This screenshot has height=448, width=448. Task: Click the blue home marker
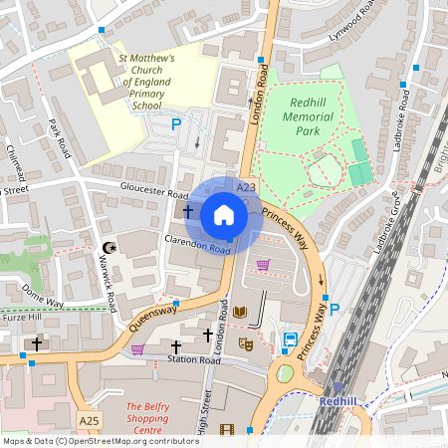224,214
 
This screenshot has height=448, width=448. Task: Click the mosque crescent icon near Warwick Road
109,247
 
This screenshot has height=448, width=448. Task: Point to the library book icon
239,313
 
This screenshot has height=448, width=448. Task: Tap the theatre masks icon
243,343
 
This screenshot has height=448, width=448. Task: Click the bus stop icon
290,339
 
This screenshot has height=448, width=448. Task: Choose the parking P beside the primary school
176,124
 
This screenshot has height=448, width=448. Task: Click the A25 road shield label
89,422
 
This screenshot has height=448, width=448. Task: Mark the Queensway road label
154,317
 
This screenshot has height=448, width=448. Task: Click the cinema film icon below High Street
225,430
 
